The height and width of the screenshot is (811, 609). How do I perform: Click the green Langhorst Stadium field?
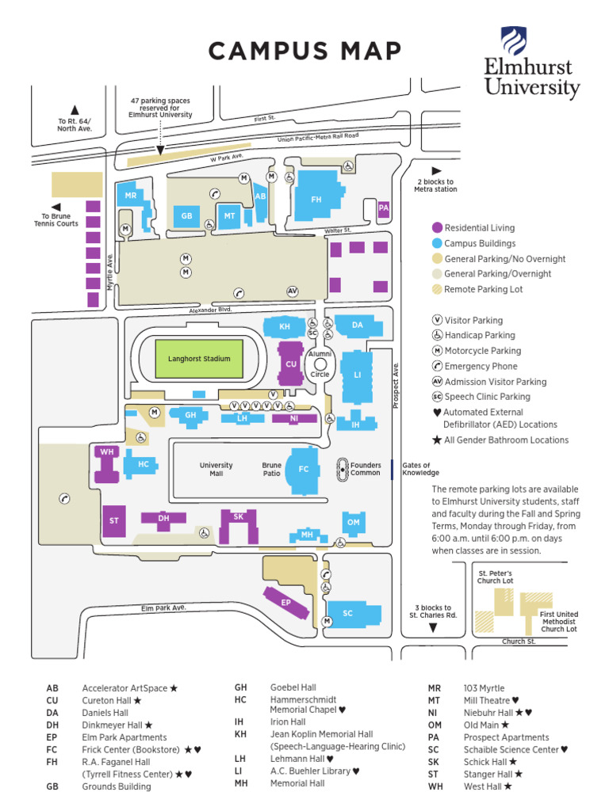tap(198, 358)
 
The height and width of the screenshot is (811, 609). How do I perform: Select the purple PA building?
tap(384, 208)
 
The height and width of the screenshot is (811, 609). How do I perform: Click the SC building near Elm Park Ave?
tap(347, 612)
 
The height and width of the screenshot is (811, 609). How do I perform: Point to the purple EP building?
tap(286, 601)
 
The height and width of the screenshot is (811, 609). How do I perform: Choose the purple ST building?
tap(113, 520)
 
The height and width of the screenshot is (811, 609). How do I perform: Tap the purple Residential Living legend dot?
tap(437, 228)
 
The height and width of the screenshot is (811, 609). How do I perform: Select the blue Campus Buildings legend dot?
tap(437, 243)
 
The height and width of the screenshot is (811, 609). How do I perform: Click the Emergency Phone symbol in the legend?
tap(437, 366)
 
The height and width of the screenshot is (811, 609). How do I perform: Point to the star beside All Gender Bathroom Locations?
tap(437, 440)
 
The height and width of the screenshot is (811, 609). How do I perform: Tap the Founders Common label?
tap(366, 469)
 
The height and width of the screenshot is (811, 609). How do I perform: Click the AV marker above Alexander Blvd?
tap(292, 291)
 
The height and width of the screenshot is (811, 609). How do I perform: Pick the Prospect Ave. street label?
tap(396, 386)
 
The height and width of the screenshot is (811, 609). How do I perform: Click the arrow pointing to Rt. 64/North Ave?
tap(75, 110)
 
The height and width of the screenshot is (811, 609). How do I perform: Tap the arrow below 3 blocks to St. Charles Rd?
tap(433, 628)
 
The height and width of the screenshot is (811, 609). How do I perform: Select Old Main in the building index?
tap(481, 724)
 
